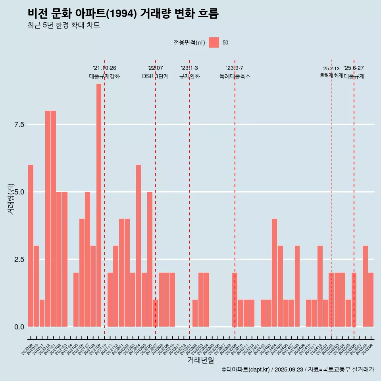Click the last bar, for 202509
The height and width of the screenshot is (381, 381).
pyautogui.click(x=371, y=299)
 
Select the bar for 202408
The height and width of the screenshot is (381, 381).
pyautogui.click(x=297, y=286)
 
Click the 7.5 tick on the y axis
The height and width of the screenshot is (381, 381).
pyautogui.click(x=19, y=125)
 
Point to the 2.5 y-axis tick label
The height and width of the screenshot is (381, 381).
pyautogui.click(x=19, y=260)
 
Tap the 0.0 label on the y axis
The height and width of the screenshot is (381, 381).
pyautogui.click(x=19, y=327)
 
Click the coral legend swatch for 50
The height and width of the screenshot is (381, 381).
pyautogui.click(x=214, y=42)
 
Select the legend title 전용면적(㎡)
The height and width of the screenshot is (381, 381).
pyautogui.click(x=189, y=42)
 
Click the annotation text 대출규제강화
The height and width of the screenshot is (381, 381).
pyautogui.click(x=104, y=76)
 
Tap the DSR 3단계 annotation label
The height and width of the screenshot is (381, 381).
pyautogui.click(x=155, y=76)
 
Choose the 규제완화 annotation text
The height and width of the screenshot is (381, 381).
pyautogui.click(x=189, y=76)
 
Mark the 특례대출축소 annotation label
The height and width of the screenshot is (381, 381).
pyautogui.click(x=235, y=76)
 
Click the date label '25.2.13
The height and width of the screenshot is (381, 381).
pyautogui.click(x=331, y=69)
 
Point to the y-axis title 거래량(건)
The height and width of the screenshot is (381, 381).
pyautogui.click(x=11, y=198)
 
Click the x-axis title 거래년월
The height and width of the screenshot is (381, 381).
pyautogui.click(x=200, y=360)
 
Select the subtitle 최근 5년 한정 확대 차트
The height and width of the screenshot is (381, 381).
pyautogui.click(x=63, y=25)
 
